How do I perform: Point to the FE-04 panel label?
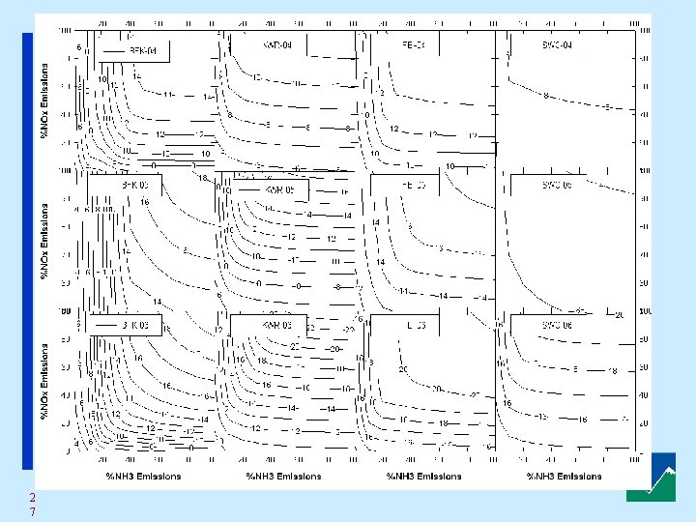[412, 44]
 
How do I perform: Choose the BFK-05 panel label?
[134, 184]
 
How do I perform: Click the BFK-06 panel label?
[134, 325]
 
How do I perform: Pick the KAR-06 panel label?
[275, 325]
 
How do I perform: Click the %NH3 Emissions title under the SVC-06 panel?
[564, 476]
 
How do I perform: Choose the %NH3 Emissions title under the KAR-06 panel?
[283, 476]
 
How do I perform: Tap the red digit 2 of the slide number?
[32, 497]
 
